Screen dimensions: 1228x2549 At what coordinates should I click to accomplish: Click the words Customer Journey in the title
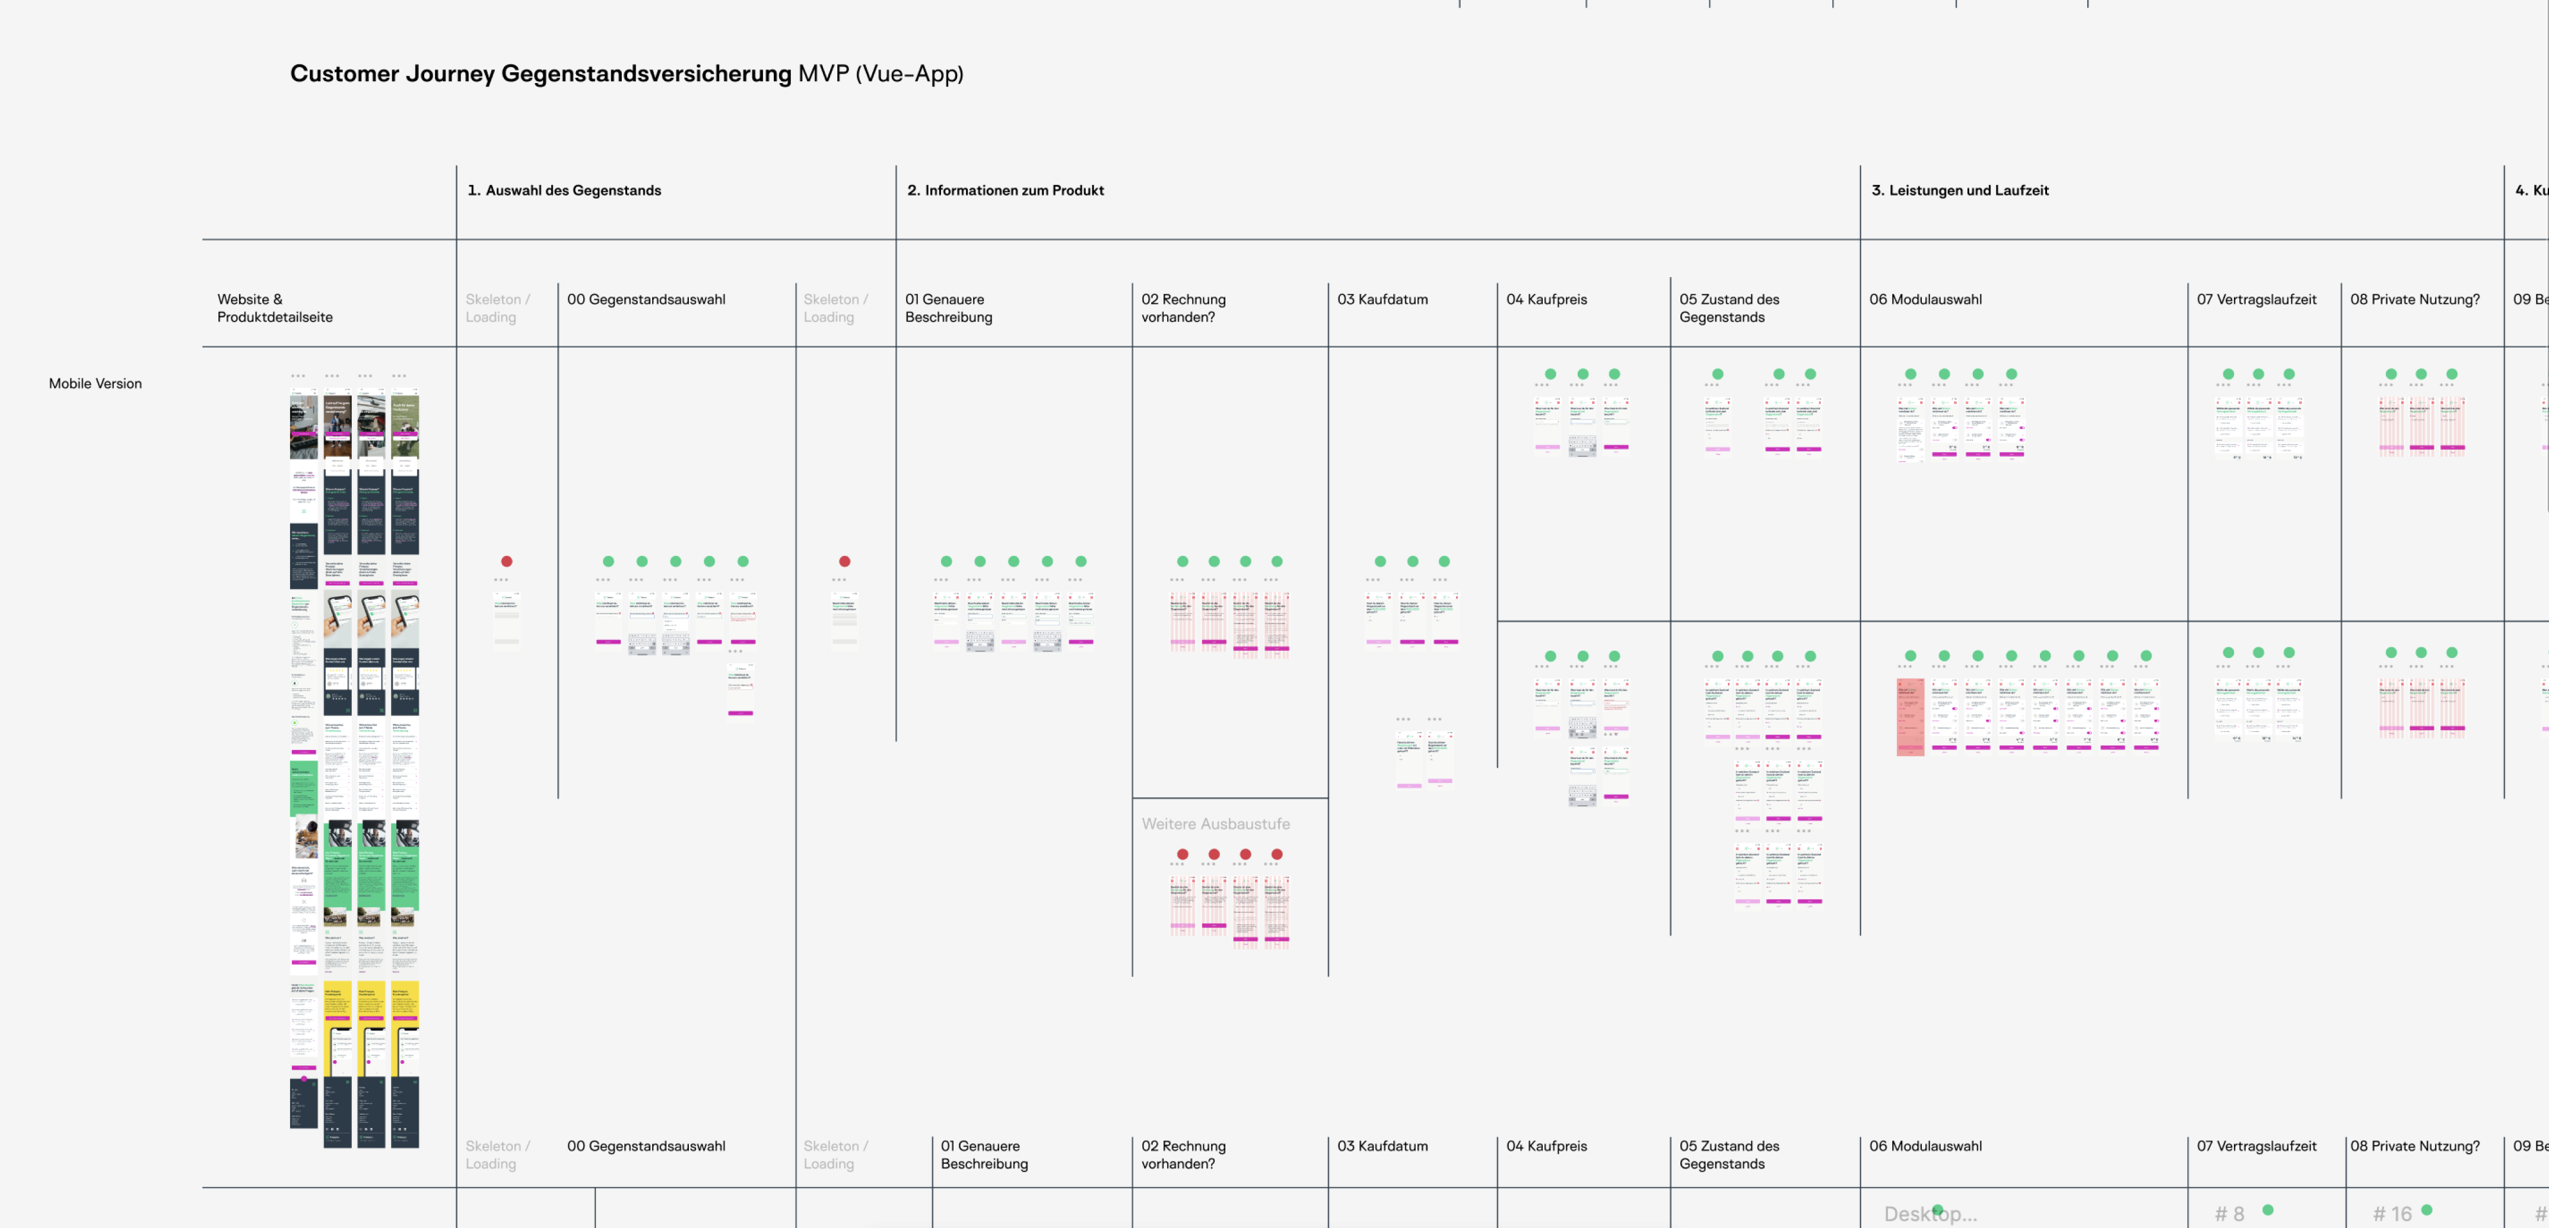pyautogui.click(x=392, y=73)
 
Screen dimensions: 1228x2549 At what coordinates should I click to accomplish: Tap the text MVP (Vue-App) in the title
pyautogui.click(x=881, y=73)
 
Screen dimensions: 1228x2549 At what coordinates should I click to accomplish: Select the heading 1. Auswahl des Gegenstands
pyautogui.click(x=564, y=190)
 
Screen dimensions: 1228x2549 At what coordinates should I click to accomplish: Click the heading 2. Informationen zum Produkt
pyautogui.click(x=1005, y=190)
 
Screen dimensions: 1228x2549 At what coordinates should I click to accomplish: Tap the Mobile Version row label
pyautogui.click(x=95, y=383)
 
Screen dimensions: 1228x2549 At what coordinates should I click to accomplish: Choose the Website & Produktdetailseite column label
pyautogui.click(x=274, y=308)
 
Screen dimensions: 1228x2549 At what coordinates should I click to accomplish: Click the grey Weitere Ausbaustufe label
pyautogui.click(x=1215, y=823)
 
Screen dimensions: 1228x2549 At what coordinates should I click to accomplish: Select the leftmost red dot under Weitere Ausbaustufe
pyautogui.click(x=1183, y=854)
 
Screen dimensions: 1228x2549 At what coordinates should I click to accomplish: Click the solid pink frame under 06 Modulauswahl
pyautogui.click(x=1910, y=717)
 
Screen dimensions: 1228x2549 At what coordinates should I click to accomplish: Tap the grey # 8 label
pyautogui.click(x=2229, y=1213)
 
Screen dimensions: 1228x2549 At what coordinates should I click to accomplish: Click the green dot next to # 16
pyautogui.click(x=2426, y=1209)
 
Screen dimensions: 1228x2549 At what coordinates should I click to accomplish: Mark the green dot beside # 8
pyautogui.click(x=2268, y=1209)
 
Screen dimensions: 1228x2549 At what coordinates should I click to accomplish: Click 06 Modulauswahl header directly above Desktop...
pyautogui.click(x=1925, y=1146)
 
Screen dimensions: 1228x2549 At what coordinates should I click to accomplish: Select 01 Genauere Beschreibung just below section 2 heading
pyautogui.click(x=948, y=308)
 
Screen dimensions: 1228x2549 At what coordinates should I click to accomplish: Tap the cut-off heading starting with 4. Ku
pyautogui.click(x=2531, y=190)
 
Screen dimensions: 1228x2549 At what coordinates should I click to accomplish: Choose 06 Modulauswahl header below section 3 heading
pyautogui.click(x=1925, y=299)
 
